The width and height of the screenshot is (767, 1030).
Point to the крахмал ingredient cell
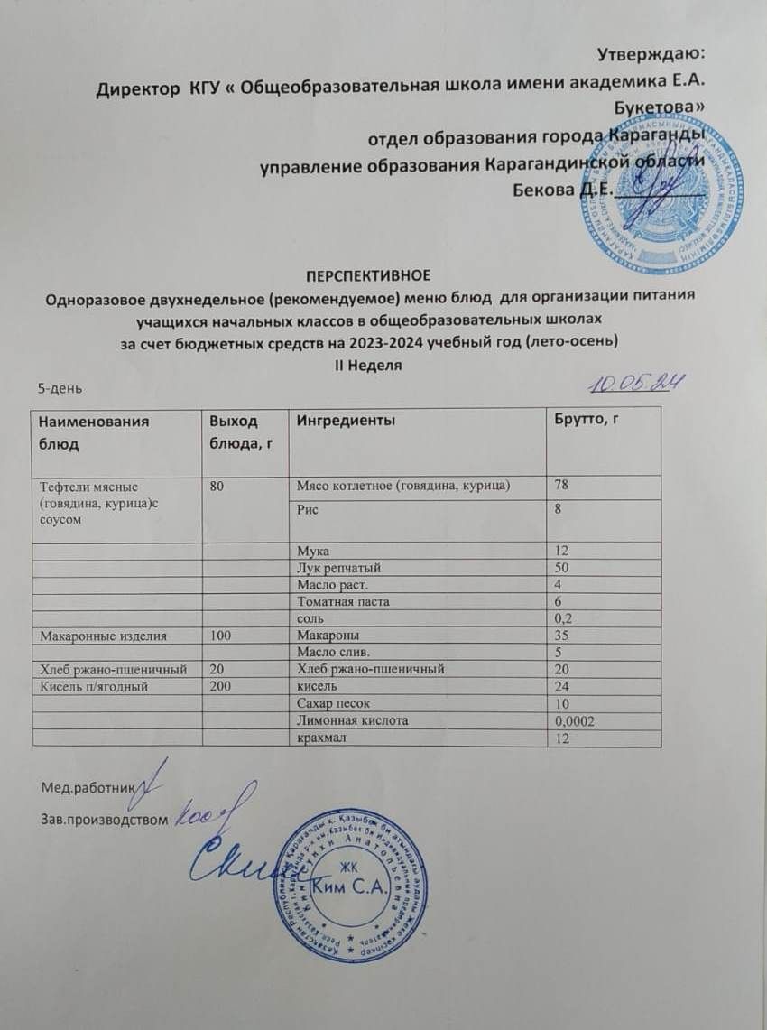(x=316, y=738)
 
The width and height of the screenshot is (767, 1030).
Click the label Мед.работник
(x=86, y=787)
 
